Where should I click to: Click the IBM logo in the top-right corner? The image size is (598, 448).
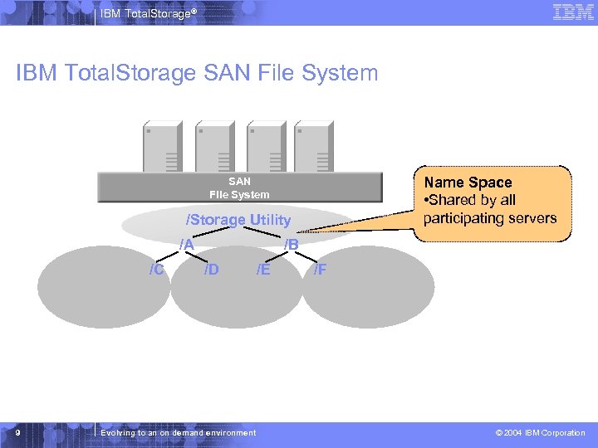(x=573, y=12)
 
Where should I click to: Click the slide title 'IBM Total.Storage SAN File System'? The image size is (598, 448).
(x=197, y=73)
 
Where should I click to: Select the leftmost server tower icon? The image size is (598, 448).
(x=162, y=147)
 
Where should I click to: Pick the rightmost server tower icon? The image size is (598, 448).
(x=313, y=147)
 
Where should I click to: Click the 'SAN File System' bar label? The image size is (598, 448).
(x=239, y=187)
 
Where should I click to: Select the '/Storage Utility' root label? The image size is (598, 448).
(x=238, y=220)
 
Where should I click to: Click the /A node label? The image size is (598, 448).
(x=187, y=245)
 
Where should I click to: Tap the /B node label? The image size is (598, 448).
(x=291, y=245)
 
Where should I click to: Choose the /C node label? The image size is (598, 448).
(x=155, y=269)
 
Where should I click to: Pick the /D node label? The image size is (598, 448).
(x=212, y=269)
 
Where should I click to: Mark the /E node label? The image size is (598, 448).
(x=262, y=269)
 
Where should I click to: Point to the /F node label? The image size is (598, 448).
(x=320, y=269)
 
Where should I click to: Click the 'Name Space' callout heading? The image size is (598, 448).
(x=468, y=183)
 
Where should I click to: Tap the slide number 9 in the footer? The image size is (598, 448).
(x=17, y=432)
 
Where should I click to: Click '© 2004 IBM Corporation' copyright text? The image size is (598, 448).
(x=540, y=433)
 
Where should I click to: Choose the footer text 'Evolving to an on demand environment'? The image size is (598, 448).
(x=178, y=433)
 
